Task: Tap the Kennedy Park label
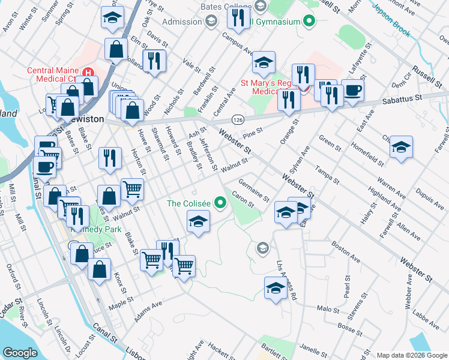point(96,230)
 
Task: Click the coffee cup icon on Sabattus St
point(352,89)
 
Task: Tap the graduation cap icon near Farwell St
point(400,146)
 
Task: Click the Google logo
point(20,352)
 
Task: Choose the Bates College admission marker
point(211,22)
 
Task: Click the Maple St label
point(121,308)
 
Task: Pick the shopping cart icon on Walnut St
point(132,188)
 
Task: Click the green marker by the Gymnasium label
point(310,22)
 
